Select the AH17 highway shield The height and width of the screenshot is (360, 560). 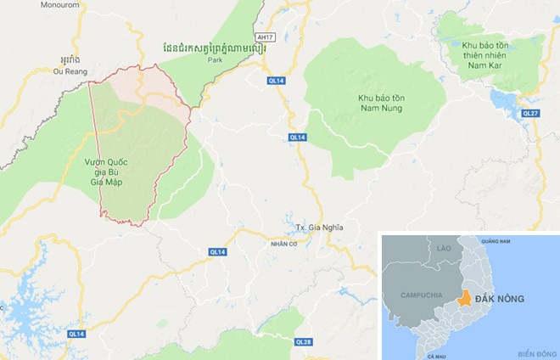pyautogui.click(x=265, y=37)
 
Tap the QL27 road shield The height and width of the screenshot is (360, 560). pyautogui.click(x=531, y=113)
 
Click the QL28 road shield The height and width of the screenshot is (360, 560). pyautogui.click(x=304, y=341)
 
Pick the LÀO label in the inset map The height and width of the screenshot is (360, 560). pyautogui.click(x=445, y=247)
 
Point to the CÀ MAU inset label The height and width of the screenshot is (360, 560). pyautogui.click(x=438, y=355)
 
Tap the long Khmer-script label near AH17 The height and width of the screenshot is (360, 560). pyautogui.click(x=213, y=48)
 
